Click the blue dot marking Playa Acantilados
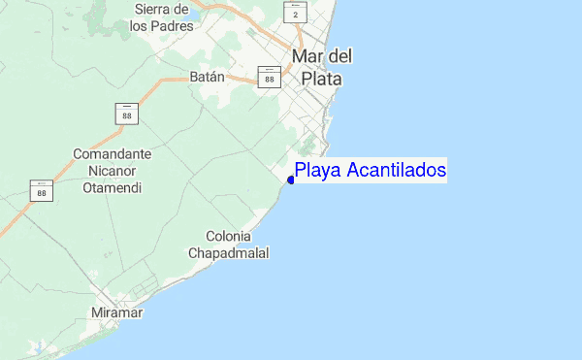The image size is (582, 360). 291,180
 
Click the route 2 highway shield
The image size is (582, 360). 296,13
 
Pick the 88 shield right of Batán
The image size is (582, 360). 269,77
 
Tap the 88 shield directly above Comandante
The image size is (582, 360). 127,113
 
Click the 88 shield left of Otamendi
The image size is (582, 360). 41,190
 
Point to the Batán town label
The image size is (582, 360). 207,77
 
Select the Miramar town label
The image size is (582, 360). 116,313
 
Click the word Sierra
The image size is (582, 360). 154,9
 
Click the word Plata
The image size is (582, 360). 322,79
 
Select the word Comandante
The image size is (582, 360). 113,154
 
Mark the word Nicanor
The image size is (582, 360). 113,171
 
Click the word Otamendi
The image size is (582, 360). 113,187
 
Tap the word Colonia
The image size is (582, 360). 229,236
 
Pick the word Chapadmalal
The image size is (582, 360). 229,253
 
